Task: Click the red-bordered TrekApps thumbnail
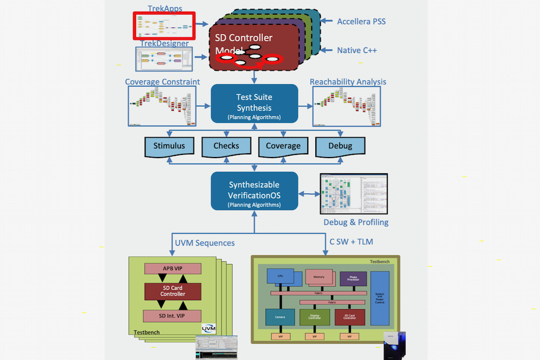coord(164,25)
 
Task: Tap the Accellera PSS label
coord(361,22)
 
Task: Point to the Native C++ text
coord(357,50)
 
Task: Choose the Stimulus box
coord(169,146)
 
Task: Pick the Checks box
coord(226,146)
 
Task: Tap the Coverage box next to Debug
coord(283,146)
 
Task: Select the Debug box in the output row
coord(340,146)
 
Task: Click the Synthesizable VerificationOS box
coord(254,191)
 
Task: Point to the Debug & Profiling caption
coord(356,222)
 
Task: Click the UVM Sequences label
coord(205,243)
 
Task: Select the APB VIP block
coord(172,268)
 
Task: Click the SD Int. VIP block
coord(172,315)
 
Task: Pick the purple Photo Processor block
coord(353,279)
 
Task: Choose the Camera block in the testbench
coord(280,317)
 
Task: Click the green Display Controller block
coord(314,317)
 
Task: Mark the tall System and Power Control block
coord(380,298)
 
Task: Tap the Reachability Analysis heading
coord(348,82)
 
